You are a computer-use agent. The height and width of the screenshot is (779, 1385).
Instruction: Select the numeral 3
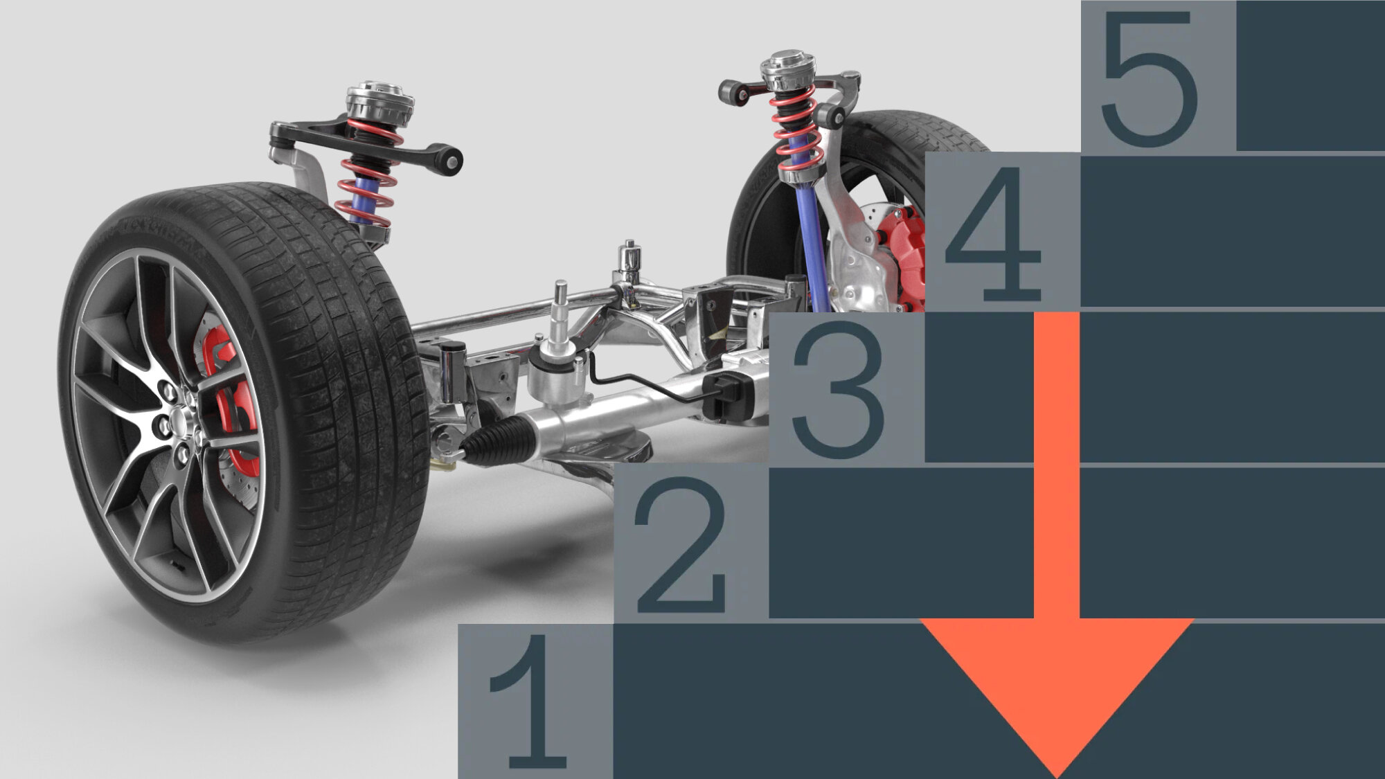coord(839,389)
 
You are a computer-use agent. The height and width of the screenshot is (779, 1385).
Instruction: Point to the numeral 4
coord(992,233)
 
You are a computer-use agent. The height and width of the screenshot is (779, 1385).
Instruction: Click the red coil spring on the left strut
coord(367,173)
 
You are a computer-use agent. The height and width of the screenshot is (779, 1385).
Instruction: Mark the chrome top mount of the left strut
coord(379,100)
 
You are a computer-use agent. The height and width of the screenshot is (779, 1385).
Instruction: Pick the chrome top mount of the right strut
coord(788,69)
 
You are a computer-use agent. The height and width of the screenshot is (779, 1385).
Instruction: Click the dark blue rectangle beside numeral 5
coord(1310,75)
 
